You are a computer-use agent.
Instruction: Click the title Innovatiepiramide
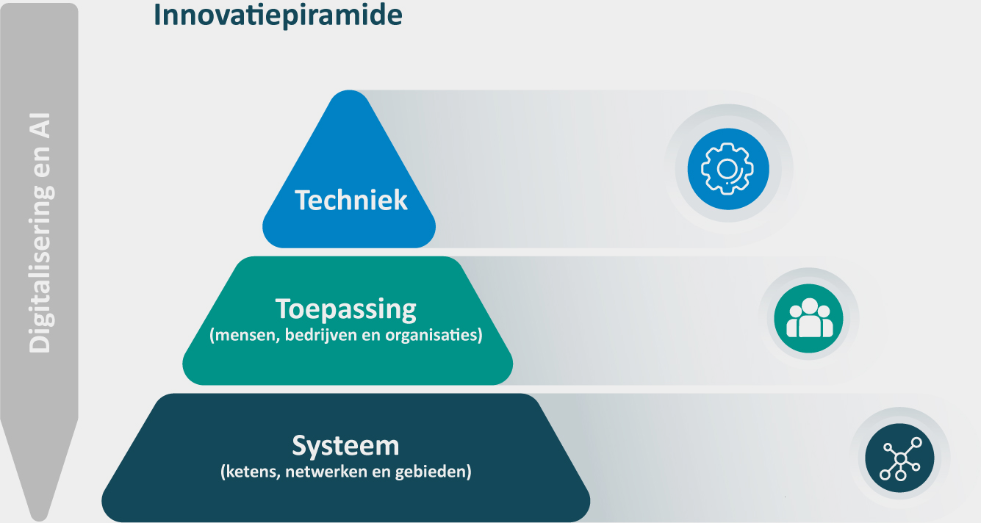tap(278, 15)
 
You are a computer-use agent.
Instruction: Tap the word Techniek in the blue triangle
tap(351, 200)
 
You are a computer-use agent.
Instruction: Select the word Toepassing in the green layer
tap(346, 310)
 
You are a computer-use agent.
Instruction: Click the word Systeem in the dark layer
tap(346, 446)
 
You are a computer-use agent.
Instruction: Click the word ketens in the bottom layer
tap(250, 472)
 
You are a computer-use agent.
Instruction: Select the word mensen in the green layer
tap(245, 335)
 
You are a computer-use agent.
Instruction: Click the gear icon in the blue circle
tap(727, 168)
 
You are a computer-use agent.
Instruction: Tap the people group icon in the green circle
tap(809, 319)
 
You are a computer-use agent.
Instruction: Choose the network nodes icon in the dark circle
tap(901, 458)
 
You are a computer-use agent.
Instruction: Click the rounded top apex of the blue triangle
tap(349, 92)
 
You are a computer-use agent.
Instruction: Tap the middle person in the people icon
tap(809, 317)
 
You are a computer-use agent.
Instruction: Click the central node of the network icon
tap(901, 458)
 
